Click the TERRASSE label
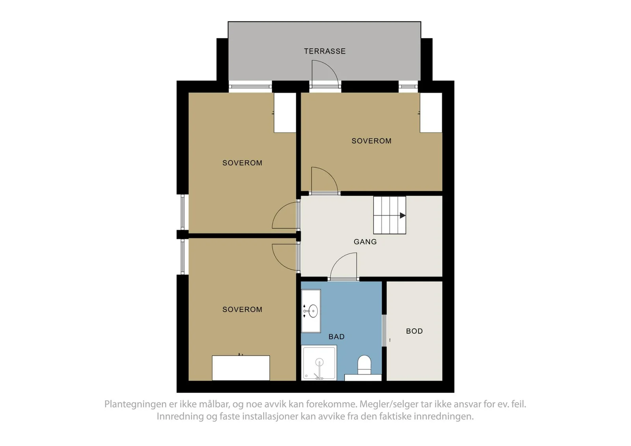point(325,51)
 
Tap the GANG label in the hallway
point(365,242)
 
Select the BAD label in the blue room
point(336,336)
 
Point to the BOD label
point(414,331)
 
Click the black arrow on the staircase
point(403,216)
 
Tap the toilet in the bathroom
point(364,365)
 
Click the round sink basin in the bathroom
point(313,311)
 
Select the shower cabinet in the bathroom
point(319,363)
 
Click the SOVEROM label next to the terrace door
point(371,141)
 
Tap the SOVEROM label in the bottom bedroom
point(242,309)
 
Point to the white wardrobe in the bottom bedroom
point(241,368)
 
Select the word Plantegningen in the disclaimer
point(136,404)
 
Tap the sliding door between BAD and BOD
point(384,330)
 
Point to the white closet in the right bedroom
point(431,113)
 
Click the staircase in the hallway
point(390,215)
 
